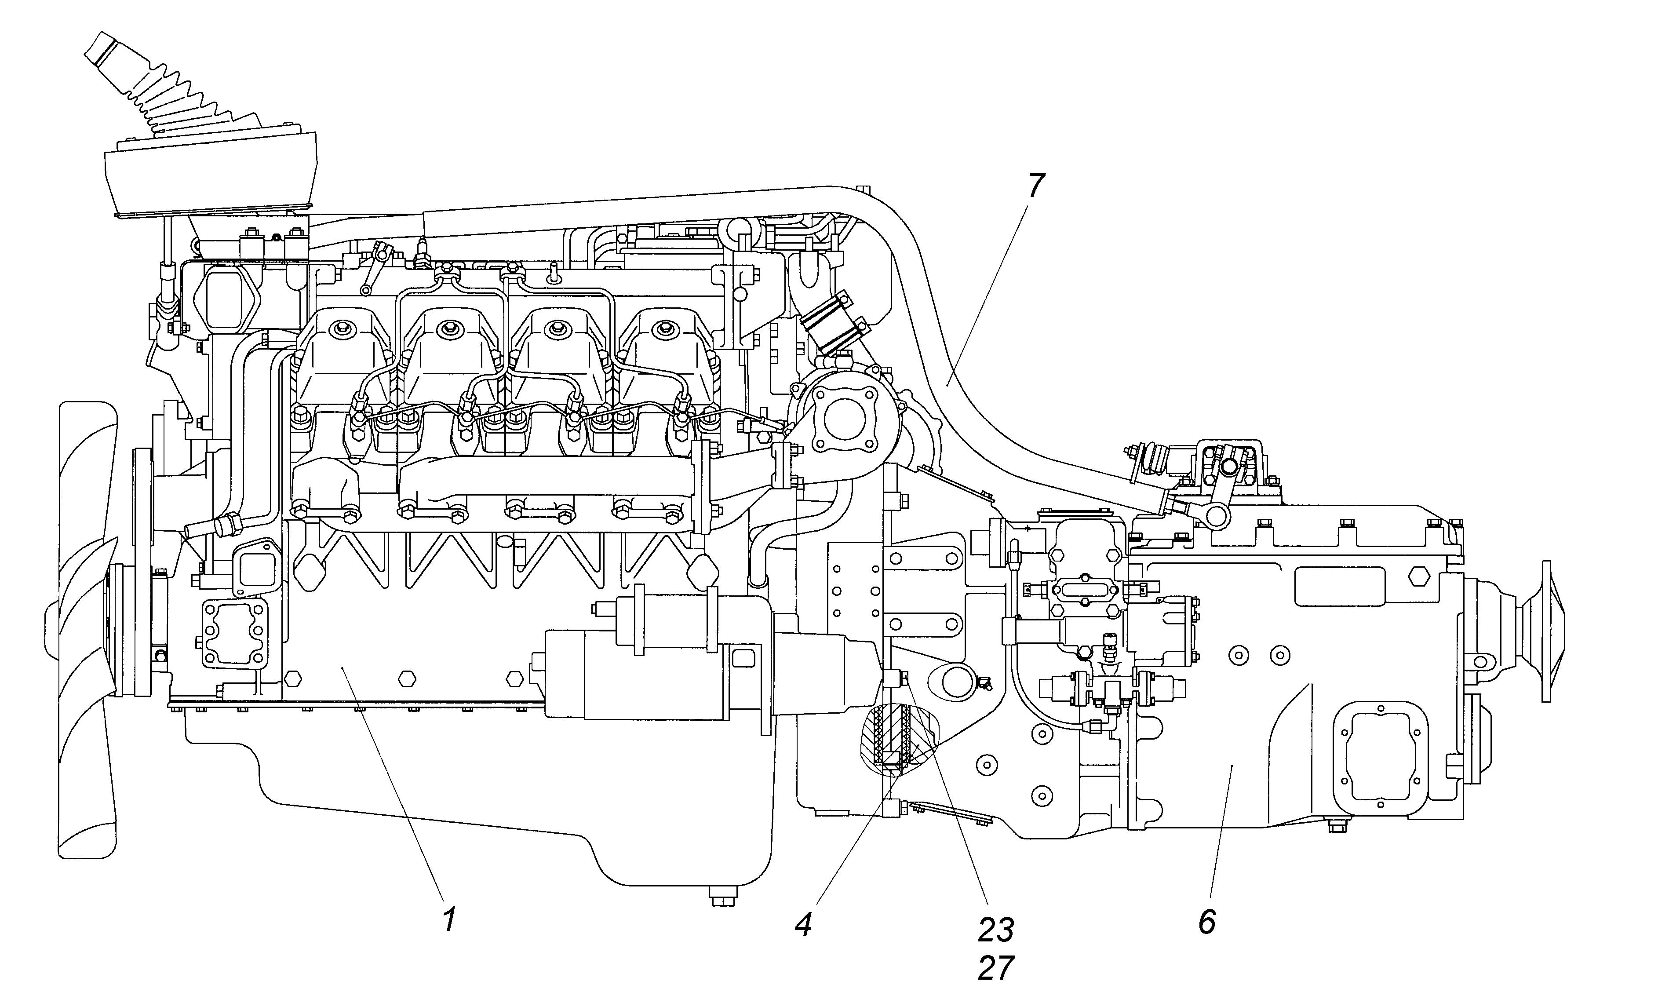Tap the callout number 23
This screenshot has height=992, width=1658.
[996, 929]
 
